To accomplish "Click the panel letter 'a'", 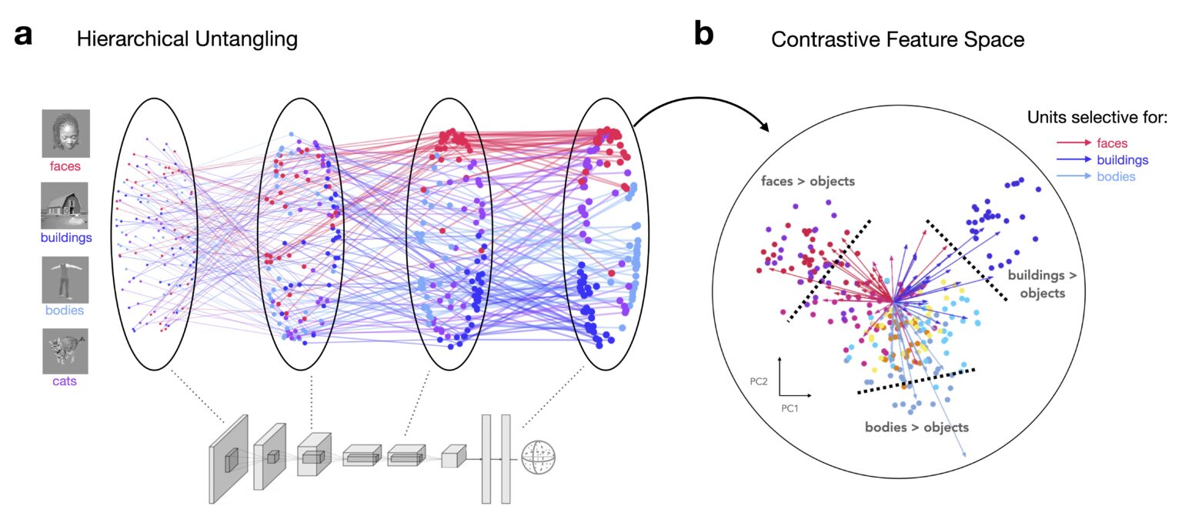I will pos(23,36).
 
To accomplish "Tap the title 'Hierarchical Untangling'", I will pos(187,39).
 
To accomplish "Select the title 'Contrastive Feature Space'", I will pos(898,39).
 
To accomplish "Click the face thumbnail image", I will pos(65,133).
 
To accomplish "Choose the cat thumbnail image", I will pos(65,350).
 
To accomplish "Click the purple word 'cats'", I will pos(65,381).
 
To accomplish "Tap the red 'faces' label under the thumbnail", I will pos(65,165).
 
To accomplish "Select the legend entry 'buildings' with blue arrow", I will pos(1090,160).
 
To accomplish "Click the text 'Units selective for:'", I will pos(1097,117).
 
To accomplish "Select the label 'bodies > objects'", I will pos(917,426).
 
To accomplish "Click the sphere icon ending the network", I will pos(538,456).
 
